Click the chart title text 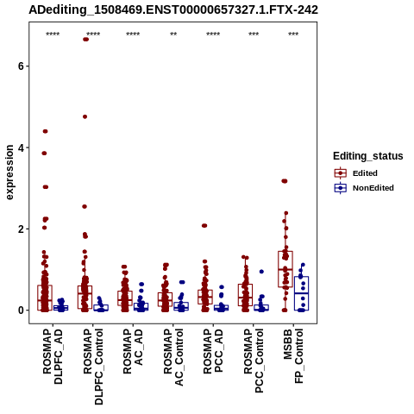173,9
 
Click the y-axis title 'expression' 9,172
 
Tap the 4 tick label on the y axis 21,147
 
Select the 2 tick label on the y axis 21,229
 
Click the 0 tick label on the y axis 21,310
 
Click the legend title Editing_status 368,156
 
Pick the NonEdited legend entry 364,188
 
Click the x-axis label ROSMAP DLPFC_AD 53,356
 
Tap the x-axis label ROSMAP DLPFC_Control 93,367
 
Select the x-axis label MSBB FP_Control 293,356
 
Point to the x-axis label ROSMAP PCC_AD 213,351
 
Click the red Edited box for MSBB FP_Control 285,269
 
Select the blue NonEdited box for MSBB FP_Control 301,293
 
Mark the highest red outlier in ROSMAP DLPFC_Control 85,40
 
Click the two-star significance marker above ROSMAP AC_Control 173,34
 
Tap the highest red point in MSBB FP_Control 285,181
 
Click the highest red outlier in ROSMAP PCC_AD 204,226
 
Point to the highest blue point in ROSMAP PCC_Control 261,272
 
